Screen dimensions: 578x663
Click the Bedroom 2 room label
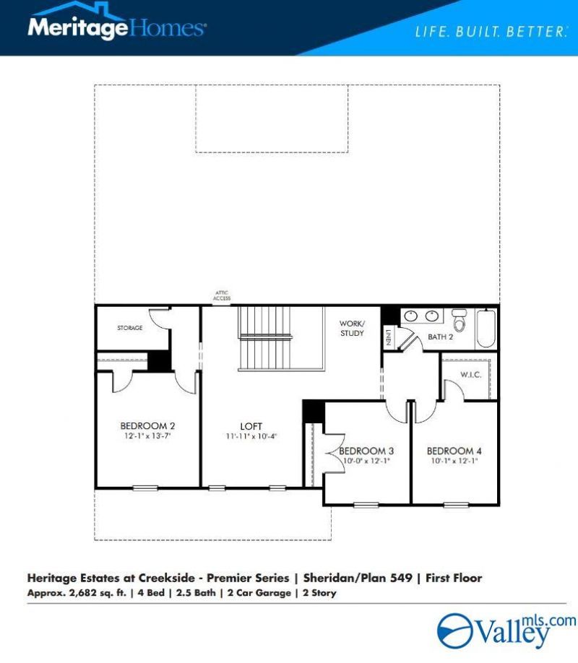click(147, 426)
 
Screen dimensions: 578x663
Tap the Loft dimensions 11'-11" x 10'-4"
click(251, 436)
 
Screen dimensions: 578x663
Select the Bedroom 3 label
click(366, 451)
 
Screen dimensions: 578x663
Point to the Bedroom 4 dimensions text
click(454, 461)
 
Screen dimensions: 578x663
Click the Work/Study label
click(352, 328)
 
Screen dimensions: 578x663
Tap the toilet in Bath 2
click(459, 320)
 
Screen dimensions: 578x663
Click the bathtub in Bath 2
click(486, 329)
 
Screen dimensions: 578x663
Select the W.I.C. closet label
click(470, 375)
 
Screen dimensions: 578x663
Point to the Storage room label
click(130, 328)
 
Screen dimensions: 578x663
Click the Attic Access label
click(222, 295)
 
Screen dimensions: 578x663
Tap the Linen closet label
click(388, 337)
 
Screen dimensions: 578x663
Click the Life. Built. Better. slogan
click(491, 32)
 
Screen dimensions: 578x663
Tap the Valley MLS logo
click(506, 631)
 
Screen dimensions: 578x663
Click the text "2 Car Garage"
click(259, 593)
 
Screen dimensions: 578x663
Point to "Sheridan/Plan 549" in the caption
click(358, 578)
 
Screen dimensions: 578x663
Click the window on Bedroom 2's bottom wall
click(145, 488)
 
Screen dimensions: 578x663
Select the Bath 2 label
click(440, 337)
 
